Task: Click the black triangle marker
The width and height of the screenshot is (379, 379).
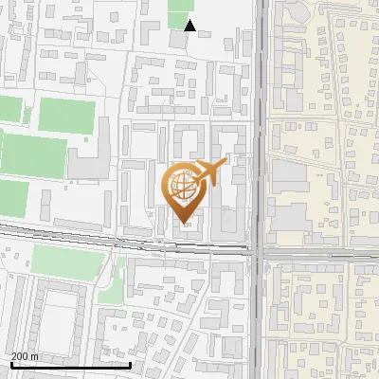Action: [x=190, y=26]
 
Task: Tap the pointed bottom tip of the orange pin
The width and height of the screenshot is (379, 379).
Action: [x=184, y=225]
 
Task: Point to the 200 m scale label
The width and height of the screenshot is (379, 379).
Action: [x=26, y=355]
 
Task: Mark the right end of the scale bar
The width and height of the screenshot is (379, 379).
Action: [x=130, y=365]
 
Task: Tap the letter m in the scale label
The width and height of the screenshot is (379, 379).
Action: [x=34, y=355]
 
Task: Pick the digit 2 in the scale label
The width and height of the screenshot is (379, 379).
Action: [x=14, y=355]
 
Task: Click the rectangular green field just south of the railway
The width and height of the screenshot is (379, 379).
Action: [x=66, y=262]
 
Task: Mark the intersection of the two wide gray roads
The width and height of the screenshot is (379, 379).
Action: [x=260, y=252]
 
